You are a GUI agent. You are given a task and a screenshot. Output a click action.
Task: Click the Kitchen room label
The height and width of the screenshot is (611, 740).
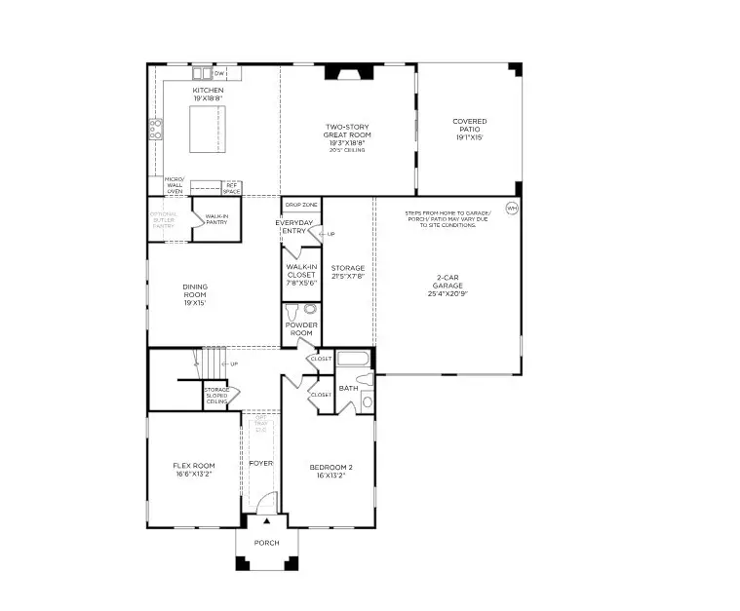208,91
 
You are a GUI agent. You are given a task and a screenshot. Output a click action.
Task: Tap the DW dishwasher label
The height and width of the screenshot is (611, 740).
219,73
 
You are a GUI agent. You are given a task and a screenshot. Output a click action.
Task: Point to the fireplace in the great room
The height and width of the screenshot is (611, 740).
347,70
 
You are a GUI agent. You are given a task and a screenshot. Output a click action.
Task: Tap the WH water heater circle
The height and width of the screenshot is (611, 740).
511,208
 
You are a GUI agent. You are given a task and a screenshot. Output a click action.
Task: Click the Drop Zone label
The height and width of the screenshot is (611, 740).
301,206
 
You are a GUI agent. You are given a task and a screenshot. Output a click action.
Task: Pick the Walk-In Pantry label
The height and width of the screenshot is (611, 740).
216,219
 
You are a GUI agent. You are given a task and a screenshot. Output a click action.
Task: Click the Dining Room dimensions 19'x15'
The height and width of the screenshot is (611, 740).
195,303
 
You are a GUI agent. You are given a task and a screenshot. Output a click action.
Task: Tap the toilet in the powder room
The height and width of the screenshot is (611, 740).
310,309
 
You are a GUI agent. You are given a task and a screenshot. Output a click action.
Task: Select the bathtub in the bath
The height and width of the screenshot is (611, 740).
355,360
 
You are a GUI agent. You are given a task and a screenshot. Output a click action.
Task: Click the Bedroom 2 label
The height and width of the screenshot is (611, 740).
331,467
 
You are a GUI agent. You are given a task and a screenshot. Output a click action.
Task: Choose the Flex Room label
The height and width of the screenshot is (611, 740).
195,466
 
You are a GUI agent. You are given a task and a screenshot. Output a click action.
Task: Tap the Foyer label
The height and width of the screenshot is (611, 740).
260,463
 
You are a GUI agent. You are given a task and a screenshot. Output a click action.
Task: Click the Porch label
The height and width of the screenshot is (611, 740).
266,543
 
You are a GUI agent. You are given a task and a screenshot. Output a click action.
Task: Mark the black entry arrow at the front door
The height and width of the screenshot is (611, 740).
266,522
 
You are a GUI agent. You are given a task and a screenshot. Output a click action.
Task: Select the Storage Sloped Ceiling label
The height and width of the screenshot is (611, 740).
216,395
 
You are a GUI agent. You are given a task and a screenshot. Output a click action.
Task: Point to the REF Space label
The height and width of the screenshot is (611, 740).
231,187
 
